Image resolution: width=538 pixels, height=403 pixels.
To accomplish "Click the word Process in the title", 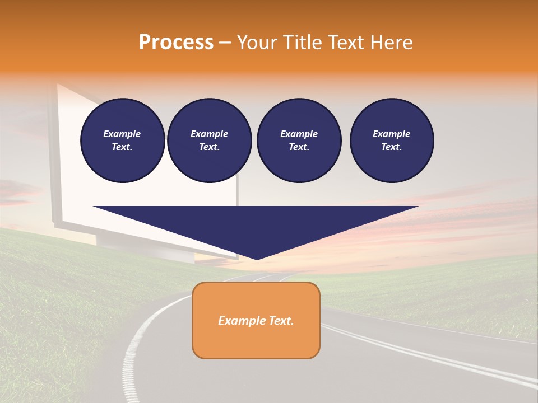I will click(176, 43).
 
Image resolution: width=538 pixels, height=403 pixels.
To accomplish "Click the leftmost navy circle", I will click(123, 140).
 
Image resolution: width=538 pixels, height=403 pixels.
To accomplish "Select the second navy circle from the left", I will click(210, 140).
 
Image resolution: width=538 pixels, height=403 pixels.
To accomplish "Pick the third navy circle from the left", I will click(299, 140).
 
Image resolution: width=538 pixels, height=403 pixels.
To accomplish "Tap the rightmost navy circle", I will click(392, 140).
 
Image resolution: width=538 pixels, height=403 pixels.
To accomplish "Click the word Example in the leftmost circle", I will click(122, 134).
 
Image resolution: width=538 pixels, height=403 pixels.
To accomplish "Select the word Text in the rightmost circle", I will click(391, 147).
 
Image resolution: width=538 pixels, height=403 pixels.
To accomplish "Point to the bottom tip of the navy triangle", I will click(257, 259).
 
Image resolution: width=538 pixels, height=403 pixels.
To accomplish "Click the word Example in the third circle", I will click(299, 134).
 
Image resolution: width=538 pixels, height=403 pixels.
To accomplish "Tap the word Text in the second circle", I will click(209, 147).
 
